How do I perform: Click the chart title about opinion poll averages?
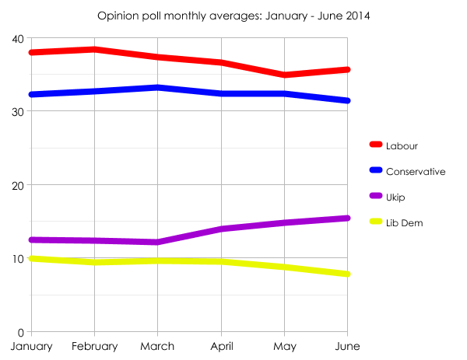click(233, 15)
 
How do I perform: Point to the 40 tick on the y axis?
click(16, 38)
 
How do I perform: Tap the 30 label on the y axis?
click(16, 111)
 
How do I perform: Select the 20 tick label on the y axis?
click(16, 185)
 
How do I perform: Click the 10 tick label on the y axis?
click(16, 258)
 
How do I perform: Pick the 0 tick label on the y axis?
click(20, 332)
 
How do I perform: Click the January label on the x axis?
click(31, 347)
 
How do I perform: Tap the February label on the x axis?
click(94, 347)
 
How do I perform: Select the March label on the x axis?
click(158, 347)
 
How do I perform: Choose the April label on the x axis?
click(222, 347)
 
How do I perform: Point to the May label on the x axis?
click(285, 347)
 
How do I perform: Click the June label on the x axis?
click(348, 347)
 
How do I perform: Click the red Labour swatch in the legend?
click(376, 145)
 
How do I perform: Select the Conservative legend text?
click(416, 171)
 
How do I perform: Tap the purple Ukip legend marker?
click(376, 197)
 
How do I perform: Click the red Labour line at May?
click(285, 75)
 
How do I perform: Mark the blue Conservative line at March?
click(158, 87)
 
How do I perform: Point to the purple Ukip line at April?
click(222, 229)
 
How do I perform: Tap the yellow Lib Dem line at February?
click(94, 262)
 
